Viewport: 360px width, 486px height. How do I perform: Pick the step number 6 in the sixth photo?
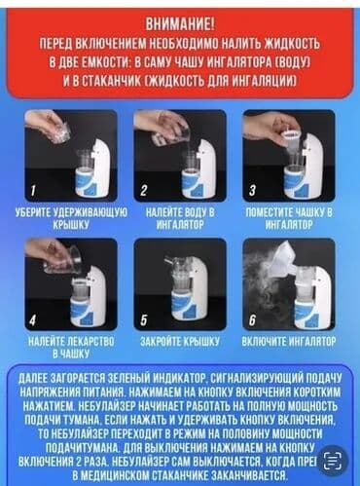coord(252,318)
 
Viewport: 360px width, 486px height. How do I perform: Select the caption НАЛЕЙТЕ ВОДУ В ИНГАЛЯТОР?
coord(179,217)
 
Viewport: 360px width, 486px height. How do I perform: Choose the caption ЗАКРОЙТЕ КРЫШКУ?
coord(179,342)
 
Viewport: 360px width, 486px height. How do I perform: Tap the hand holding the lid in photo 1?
coord(47,126)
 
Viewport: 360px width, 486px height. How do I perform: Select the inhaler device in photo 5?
coord(185,287)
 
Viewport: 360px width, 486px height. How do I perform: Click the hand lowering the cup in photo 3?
coord(268,125)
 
